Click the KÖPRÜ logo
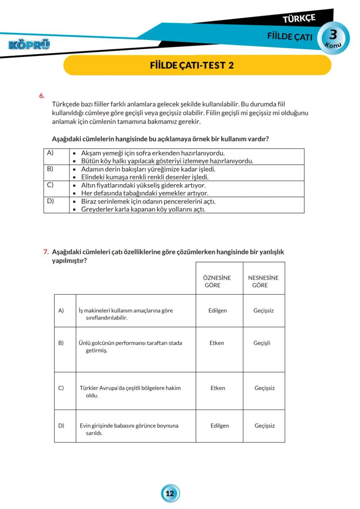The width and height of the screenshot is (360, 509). (x=29, y=44)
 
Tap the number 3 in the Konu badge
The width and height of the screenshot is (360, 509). (x=333, y=34)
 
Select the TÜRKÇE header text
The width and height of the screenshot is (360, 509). (x=299, y=19)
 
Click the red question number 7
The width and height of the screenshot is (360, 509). (x=46, y=252)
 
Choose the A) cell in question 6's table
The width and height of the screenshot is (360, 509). (x=50, y=153)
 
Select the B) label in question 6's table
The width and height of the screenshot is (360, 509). (x=50, y=169)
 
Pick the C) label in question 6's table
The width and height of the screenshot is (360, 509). (x=50, y=185)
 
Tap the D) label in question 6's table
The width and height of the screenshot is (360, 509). (x=50, y=201)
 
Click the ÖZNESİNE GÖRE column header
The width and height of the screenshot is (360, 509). (x=217, y=281)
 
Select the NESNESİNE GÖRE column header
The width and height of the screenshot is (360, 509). (x=263, y=281)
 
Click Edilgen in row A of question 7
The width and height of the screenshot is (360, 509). (x=217, y=311)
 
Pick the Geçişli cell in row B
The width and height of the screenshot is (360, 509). (x=262, y=343)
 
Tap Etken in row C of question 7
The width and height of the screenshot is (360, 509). (x=217, y=388)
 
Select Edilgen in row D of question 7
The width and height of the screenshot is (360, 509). (x=220, y=426)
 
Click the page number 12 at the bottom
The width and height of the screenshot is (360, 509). (x=170, y=493)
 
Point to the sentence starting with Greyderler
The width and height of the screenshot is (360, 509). (x=143, y=209)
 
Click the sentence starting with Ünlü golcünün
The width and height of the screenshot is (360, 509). (x=130, y=346)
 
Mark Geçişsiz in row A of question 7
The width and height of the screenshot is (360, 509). (x=263, y=311)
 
